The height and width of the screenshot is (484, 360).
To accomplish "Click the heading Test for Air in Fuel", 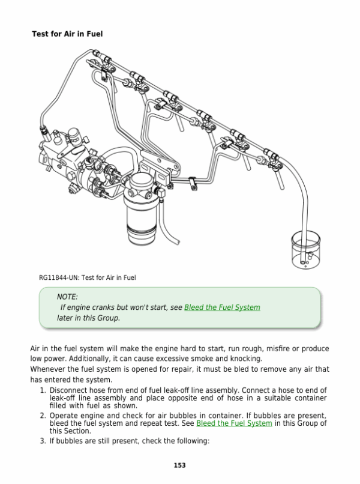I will (x=67, y=34).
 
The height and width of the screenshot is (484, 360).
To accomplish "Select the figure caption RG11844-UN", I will (x=88, y=277).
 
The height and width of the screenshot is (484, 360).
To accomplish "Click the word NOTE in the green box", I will (x=67, y=297).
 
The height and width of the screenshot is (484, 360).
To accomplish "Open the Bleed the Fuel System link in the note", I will (x=222, y=307).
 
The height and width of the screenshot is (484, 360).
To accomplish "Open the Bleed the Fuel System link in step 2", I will (x=234, y=423).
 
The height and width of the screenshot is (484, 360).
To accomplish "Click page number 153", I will (x=179, y=465).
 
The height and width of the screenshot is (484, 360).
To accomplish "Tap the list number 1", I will (x=43, y=390).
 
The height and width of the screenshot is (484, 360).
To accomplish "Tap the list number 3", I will (x=43, y=441).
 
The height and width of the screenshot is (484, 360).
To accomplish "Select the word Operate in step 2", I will (x=64, y=416).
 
